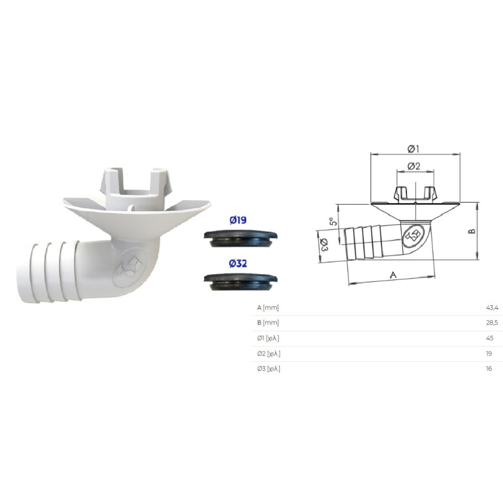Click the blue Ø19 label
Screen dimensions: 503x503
[238, 220]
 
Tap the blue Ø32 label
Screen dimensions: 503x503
[238, 264]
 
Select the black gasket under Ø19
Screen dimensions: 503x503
[240, 238]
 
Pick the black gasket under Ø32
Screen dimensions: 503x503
[240, 282]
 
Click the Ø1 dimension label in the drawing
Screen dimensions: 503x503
[413, 149]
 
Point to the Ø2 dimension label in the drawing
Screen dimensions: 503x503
[414, 166]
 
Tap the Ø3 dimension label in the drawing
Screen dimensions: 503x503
[323, 245]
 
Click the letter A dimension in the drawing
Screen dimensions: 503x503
[393, 275]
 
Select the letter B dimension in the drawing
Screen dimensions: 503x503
[472, 231]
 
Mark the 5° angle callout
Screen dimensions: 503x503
[333, 221]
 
